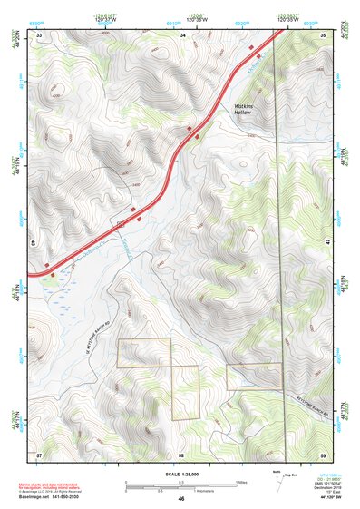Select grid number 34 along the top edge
pos(182,34)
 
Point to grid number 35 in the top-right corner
pos(323,34)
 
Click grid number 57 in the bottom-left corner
pos(39,454)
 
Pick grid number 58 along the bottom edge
pos(181,454)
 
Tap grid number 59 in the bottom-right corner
pos(323,454)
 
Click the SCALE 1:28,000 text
pos(181,475)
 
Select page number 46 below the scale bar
pos(181,499)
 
